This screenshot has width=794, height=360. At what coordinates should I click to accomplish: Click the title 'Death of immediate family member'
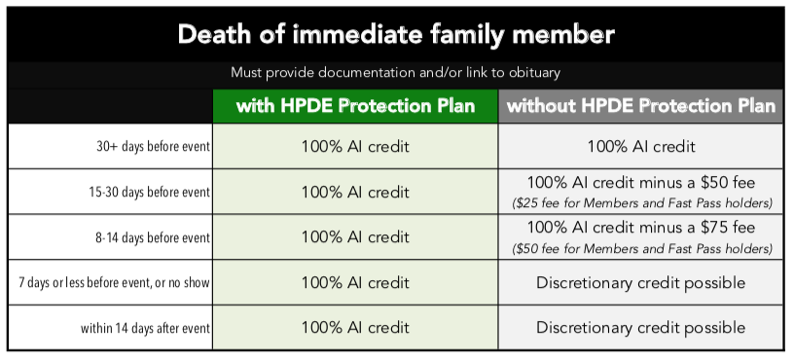(396, 34)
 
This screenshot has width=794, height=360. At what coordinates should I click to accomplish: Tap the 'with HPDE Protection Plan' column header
(355, 106)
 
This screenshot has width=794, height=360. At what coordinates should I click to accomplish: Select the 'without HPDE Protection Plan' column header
(641, 106)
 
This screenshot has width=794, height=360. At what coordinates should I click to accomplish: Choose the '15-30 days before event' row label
(149, 192)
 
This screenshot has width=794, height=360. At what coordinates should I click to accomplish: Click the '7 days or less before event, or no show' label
(114, 283)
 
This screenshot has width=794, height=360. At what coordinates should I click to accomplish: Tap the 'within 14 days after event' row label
(145, 328)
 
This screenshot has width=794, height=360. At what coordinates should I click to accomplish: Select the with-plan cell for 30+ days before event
(355, 147)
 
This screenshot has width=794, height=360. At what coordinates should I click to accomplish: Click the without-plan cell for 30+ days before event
(641, 147)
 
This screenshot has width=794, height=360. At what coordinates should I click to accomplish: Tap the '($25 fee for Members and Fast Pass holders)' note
(641, 202)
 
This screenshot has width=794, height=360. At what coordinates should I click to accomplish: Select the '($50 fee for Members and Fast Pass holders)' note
(641, 248)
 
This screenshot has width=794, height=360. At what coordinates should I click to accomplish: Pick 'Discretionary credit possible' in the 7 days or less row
(641, 283)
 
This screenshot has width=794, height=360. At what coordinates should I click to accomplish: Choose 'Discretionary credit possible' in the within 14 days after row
(641, 328)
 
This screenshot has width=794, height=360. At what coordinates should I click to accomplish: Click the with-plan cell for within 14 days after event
(355, 328)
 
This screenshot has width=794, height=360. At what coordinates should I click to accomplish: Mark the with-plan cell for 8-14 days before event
(355, 237)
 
